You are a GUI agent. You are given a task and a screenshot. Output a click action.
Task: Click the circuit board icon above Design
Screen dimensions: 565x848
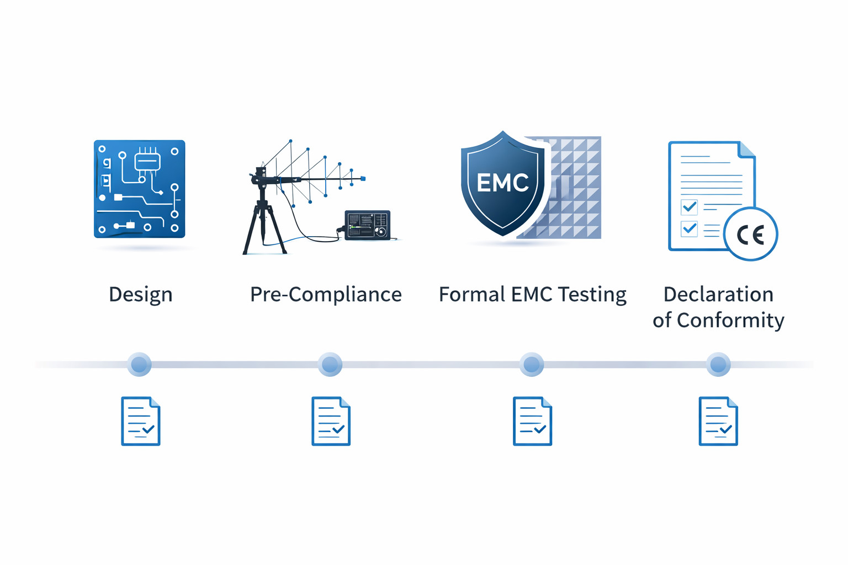[x=139, y=189]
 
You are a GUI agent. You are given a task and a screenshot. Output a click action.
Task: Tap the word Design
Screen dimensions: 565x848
[x=140, y=294]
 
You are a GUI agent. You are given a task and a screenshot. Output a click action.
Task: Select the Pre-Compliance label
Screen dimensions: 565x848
[x=326, y=294]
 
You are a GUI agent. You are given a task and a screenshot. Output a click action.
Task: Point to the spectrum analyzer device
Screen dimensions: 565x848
[x=368, y=225]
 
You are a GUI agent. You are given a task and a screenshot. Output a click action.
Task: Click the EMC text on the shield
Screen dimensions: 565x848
[x=502, y=183]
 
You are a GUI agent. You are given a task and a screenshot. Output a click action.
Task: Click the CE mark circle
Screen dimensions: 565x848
[x=750, y=234]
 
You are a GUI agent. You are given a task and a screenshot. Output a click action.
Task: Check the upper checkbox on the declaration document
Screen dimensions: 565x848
[x=689, y=207]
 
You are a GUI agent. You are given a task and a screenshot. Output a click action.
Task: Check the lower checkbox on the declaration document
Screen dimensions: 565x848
[x=689, y=228]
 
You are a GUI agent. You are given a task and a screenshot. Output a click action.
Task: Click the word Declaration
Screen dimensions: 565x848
[x=718, y=294]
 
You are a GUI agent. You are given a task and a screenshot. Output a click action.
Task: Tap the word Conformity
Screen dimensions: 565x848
[x=730, y=320]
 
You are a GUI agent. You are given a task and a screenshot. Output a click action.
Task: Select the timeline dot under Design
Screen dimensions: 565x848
[x=139, y=364]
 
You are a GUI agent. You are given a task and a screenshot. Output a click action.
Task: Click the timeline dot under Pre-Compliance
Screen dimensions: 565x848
[x=330, y=364]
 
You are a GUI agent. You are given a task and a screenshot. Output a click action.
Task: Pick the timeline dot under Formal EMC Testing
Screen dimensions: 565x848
[x=532, y=364]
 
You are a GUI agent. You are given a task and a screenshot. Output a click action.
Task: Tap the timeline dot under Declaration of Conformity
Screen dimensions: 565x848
[x=718, y=364]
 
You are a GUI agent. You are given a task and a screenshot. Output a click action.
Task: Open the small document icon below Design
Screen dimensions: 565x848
[x=141, y=421]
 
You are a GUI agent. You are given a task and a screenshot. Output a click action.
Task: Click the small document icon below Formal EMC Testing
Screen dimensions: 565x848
[x=532, y=421]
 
